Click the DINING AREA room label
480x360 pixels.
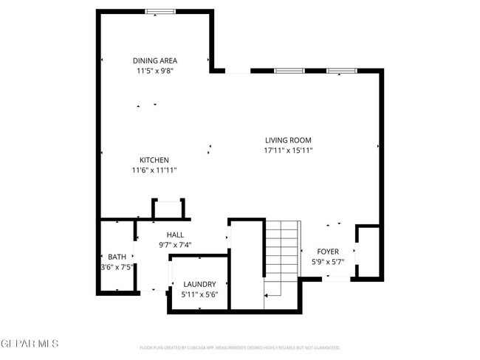155,60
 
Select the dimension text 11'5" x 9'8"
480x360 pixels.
155,72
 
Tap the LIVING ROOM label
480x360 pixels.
288,140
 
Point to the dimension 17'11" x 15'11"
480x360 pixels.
288,150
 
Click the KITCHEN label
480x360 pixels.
154,160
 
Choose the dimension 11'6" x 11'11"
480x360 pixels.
154,170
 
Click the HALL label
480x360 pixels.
175,235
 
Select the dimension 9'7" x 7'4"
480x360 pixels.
175,245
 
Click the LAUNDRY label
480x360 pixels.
199,284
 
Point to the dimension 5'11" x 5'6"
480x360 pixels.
199,294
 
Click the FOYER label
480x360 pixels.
328,252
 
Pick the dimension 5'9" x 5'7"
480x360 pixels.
328,262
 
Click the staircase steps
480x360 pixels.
283,251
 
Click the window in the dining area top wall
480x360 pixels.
160,11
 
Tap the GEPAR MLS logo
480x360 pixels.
30,345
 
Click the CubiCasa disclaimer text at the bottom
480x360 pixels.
239,347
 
